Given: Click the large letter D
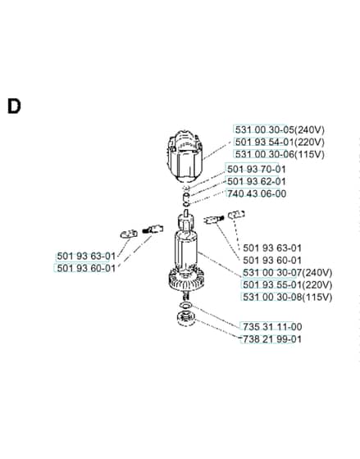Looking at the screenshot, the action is click(14, 106).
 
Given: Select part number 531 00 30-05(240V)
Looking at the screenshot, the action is click(280, 130).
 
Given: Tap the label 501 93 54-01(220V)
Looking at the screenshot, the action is click(280, 142).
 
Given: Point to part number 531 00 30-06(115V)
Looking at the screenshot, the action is click(280, 154).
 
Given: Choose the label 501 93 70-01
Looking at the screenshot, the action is click(257, 169).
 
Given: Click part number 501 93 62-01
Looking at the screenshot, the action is click(257, 181).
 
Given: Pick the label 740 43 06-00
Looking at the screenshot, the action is click(257, 193).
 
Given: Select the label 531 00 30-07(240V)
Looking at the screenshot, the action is click(287, 273).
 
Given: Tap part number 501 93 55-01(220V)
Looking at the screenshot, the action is click(287, 285).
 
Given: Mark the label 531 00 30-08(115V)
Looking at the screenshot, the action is click(287, 297).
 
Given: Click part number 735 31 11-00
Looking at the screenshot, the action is click(272, 327).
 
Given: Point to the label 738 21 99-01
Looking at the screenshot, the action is click(272, 339).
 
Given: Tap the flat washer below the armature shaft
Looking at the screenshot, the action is click(186, 305).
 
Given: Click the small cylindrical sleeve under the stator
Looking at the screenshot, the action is click(187, 196).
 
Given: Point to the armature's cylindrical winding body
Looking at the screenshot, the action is click(186, 250).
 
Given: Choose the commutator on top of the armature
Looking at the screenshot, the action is click(185, 221).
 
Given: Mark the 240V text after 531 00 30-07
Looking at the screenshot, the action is click(317, 273).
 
